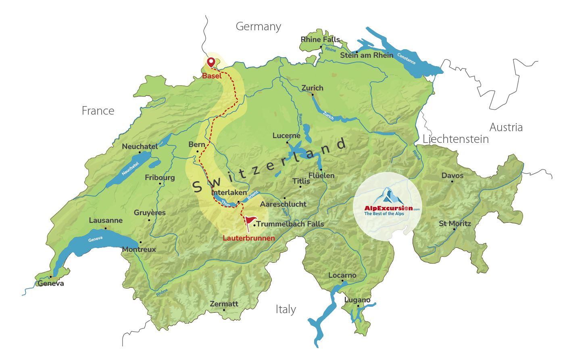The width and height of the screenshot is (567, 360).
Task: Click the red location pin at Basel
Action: tap(211, 62)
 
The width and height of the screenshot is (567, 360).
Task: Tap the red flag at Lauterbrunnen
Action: tap(250, 222)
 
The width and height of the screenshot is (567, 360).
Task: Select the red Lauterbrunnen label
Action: tap(249, 238)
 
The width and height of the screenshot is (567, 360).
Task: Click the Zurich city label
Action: tap(313, 88)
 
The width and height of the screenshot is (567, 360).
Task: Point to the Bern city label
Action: tap(197, 144)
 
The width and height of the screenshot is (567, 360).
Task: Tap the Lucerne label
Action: tap(286, 136)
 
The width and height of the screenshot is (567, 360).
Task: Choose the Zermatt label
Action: tap(224, 304)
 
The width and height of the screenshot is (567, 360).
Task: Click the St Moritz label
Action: tap(455, 224)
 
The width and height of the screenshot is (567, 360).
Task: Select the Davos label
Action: tap(452, 176)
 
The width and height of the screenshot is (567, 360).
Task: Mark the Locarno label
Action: tap(342, 275)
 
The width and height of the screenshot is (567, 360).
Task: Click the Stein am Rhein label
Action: tap(367, 55)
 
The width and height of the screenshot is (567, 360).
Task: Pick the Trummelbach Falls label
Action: tap(290, 224)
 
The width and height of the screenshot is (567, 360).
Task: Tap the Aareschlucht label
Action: tap(283, 204)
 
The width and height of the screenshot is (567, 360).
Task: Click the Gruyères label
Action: tap(150, 213)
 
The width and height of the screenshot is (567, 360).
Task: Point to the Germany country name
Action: tap(258, 27)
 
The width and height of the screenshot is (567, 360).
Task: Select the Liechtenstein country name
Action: tap(456, 139)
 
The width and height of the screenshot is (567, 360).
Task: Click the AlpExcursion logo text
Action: tap(388, 208)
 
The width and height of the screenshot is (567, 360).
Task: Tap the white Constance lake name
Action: tap(406, 59)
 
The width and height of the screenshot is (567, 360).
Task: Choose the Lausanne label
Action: tap(106, 220)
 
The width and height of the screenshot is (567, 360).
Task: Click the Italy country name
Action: tap(286, 310)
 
